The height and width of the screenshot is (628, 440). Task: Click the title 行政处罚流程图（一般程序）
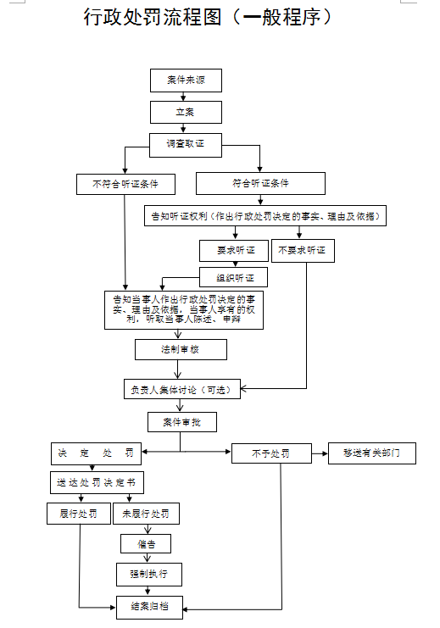point(207,18)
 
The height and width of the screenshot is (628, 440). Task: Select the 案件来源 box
point(186,81)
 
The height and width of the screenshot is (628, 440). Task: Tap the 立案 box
point(186,112)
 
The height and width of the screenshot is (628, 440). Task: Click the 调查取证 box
point(186,144)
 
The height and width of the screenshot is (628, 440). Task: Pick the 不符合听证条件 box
point(125,183)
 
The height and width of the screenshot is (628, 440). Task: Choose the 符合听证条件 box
point(260,183)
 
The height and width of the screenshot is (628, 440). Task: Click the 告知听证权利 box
point(265,216)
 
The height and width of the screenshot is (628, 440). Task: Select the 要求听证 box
point(233,251)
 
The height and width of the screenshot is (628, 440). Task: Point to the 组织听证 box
point(233,277)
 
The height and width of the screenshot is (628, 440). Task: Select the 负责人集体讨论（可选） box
point(187,390)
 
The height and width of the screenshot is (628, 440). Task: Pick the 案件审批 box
point(181,421)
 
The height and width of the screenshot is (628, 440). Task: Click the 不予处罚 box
point(269,453)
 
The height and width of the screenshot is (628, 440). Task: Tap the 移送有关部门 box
point(372,453)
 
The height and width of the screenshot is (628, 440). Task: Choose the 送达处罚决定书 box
point(96,482)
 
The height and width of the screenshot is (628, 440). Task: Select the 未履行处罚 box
point(146,514)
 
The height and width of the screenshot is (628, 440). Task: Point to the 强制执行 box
point(148,574)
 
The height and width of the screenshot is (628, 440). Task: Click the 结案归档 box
point(148,606)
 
